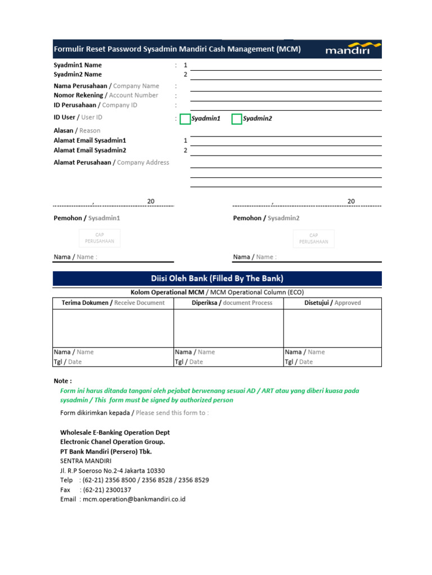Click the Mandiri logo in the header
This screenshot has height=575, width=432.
point(349,49)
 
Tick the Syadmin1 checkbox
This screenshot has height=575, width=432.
point(185,118)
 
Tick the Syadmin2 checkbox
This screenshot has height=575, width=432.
point(237,118)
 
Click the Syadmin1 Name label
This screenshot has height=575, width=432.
point(78,65)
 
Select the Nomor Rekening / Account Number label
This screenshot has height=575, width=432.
point(106,95)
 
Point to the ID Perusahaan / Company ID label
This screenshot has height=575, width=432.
point(95,105)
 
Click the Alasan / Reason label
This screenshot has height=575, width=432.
point(77,130)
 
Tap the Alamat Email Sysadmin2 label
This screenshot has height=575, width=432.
point(90,150)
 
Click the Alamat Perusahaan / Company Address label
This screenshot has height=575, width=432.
point(111,162)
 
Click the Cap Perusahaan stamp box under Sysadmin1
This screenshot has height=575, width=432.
point(100,238)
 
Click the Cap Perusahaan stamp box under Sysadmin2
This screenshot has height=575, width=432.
point(314,238)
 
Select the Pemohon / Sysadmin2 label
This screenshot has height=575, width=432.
point(266,218)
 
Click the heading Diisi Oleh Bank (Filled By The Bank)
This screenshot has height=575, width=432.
point(217,279)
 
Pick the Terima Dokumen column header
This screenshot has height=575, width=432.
point(113,303)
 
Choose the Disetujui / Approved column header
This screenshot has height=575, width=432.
point(332,303)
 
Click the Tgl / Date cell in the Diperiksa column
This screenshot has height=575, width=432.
point(188,362)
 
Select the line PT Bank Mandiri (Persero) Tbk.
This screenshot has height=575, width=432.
point(106,451)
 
